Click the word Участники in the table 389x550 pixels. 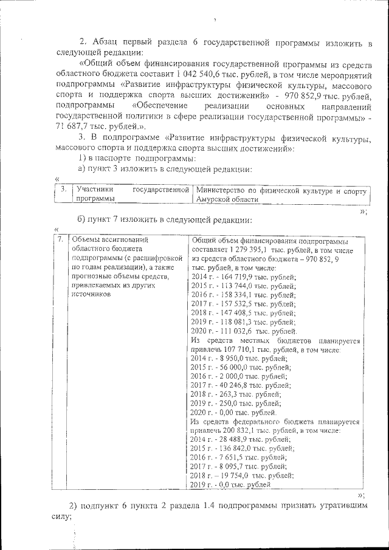pos(88,191)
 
